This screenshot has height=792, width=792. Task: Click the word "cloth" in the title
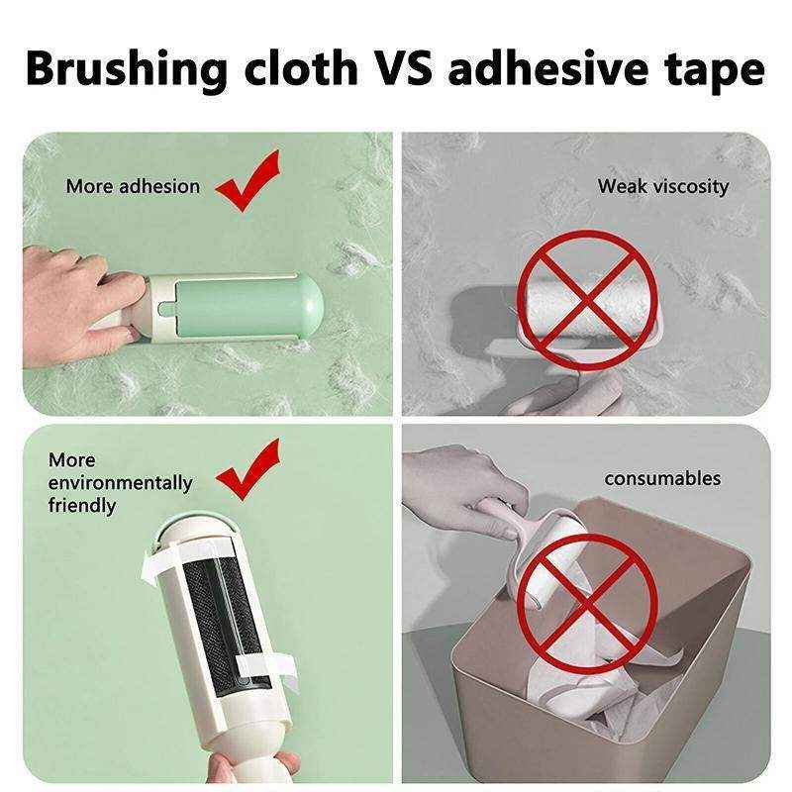pos(297,68)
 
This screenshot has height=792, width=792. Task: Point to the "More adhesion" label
pos(133,186)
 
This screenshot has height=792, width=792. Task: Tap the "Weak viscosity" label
pos(662,186)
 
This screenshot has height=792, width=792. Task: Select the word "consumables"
pos(662,478)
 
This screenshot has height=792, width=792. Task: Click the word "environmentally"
pos(120,483)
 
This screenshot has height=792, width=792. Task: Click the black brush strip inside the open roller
pos(216,614)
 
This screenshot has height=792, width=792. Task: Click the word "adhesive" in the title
pos(541,68)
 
